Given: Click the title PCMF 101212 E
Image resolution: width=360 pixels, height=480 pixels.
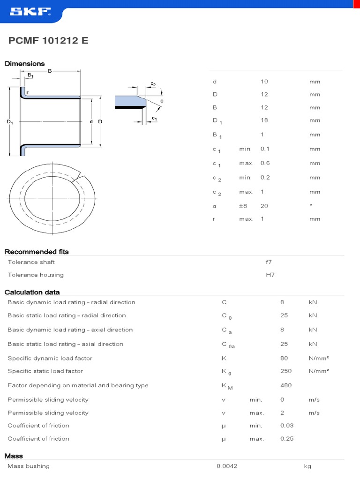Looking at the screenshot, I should [x=48, y=41].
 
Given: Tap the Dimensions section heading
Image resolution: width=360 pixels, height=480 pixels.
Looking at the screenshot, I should [x=25, y=64].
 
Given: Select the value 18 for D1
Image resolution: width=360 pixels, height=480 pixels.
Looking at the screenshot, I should [x=264, y=120].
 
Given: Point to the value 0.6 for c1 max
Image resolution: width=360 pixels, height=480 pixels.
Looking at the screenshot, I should [x=265, y=163].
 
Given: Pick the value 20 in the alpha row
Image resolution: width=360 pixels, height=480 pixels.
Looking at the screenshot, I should [x=264, y=206].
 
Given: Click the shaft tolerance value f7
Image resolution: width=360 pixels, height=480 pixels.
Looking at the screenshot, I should [x=269, y=262].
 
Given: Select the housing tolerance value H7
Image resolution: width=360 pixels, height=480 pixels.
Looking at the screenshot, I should [x=270, y=275].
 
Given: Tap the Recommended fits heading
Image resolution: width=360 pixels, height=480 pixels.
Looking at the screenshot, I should [x=37, y=252].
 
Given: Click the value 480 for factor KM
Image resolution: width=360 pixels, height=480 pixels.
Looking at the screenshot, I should [x=286, y=385].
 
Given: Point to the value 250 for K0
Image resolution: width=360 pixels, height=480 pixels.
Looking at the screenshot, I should [x=286, y=371].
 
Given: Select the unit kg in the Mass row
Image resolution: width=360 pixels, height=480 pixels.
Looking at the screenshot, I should [x=307, y=466].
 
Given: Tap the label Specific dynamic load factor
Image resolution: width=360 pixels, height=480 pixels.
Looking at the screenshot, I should [x=50, y=359].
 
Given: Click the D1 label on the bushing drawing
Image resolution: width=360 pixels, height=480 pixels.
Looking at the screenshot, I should [x=10, y=122].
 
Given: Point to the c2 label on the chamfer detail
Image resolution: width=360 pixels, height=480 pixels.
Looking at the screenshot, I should [x=153, y=84].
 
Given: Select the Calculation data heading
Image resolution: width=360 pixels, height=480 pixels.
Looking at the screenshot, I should [x=32, y=292].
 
